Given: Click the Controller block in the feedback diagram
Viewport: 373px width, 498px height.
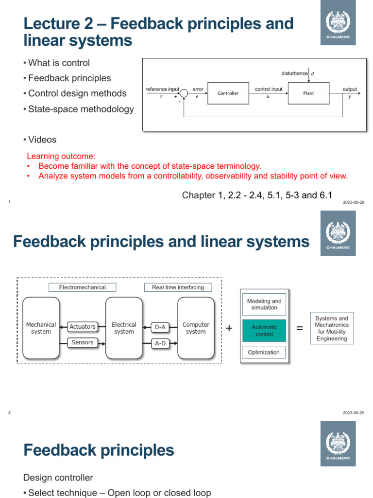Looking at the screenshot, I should point(228,93).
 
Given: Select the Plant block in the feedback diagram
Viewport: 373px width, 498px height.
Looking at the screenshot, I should point(308,93).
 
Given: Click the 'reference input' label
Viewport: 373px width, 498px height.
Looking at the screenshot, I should point(162,89).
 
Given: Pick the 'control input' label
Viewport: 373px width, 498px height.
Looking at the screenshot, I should point(269,89).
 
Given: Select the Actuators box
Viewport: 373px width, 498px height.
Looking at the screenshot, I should point(82,327).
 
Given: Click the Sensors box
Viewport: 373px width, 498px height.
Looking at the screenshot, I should point(82,343).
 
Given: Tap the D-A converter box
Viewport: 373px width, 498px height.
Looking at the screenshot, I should point(160,327).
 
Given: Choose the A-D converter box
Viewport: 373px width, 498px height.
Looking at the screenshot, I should point(160,343).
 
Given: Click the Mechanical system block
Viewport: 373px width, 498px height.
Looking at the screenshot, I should point(41,328).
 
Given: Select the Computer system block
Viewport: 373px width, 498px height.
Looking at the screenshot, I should point(196,328).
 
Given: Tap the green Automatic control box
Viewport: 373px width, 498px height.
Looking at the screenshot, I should point(264,331).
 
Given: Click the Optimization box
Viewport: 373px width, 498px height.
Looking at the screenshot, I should point(264,352).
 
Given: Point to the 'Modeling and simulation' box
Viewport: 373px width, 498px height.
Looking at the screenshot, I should point(264,304).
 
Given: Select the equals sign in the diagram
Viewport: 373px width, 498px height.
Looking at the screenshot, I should point(300,329).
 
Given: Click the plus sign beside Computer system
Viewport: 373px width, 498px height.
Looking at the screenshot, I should point(229,329).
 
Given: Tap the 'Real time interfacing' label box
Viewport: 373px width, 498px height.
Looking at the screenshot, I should point(178,287).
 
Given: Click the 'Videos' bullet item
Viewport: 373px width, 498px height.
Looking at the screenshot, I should point(42,140).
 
